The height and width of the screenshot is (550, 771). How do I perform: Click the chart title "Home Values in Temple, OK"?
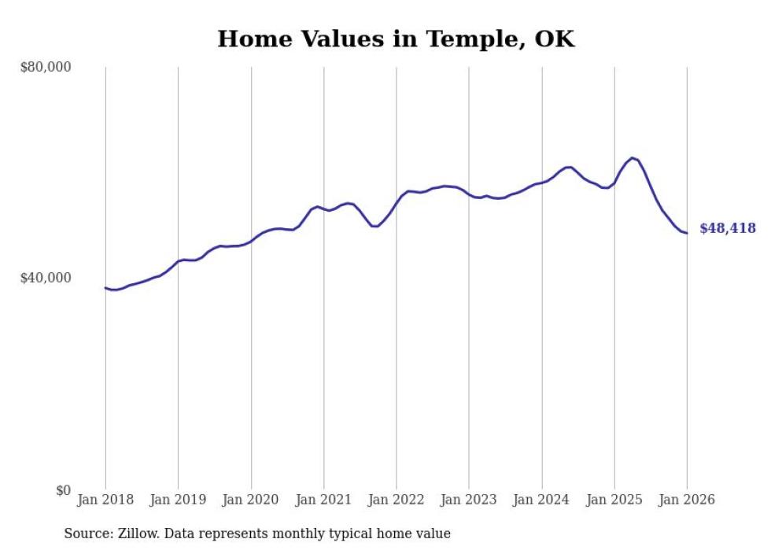396,39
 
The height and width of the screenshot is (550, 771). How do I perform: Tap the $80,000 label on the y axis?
46,67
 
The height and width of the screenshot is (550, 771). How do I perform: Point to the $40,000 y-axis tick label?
46,278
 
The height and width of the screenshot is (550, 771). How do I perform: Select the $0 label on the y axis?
61,490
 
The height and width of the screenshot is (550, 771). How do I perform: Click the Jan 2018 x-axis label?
105,500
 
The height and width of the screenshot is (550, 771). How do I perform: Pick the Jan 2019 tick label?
178,500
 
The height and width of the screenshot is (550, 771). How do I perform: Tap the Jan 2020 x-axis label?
251,500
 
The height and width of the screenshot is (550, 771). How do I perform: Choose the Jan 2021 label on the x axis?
323,500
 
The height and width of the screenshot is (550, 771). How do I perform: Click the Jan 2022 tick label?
397,500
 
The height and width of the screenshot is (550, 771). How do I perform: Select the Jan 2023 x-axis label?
469,500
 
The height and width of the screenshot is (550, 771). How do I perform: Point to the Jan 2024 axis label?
541,500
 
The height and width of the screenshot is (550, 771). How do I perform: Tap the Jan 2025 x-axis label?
614,500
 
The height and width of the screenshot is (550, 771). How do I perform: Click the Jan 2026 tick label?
687,500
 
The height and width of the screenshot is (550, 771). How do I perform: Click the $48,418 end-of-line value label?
727,229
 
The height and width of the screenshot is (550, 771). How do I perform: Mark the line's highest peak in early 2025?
632,158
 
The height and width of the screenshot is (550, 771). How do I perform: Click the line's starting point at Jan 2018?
105,288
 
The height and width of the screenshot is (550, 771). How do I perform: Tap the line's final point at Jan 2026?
687,233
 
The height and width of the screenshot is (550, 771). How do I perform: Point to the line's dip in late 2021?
375,227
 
